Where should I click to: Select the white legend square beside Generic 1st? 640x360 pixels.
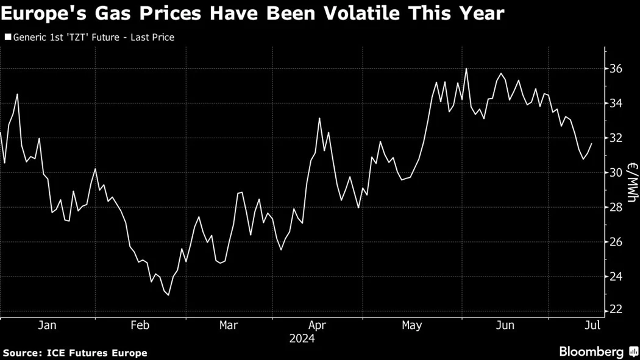[7, 38]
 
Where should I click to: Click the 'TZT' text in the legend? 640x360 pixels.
[89, 38]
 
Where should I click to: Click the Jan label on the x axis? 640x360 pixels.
[47, 325]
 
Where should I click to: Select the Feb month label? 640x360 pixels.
[140, 325]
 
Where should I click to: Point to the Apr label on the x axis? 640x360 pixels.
[318, 325]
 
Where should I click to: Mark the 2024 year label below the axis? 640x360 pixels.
[302, 339]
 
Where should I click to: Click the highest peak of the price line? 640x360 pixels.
[466, 68]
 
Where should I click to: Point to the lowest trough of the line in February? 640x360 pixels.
[168, 295]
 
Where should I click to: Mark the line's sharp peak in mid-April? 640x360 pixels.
[319, 118]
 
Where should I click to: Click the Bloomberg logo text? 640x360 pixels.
[591, 351]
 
